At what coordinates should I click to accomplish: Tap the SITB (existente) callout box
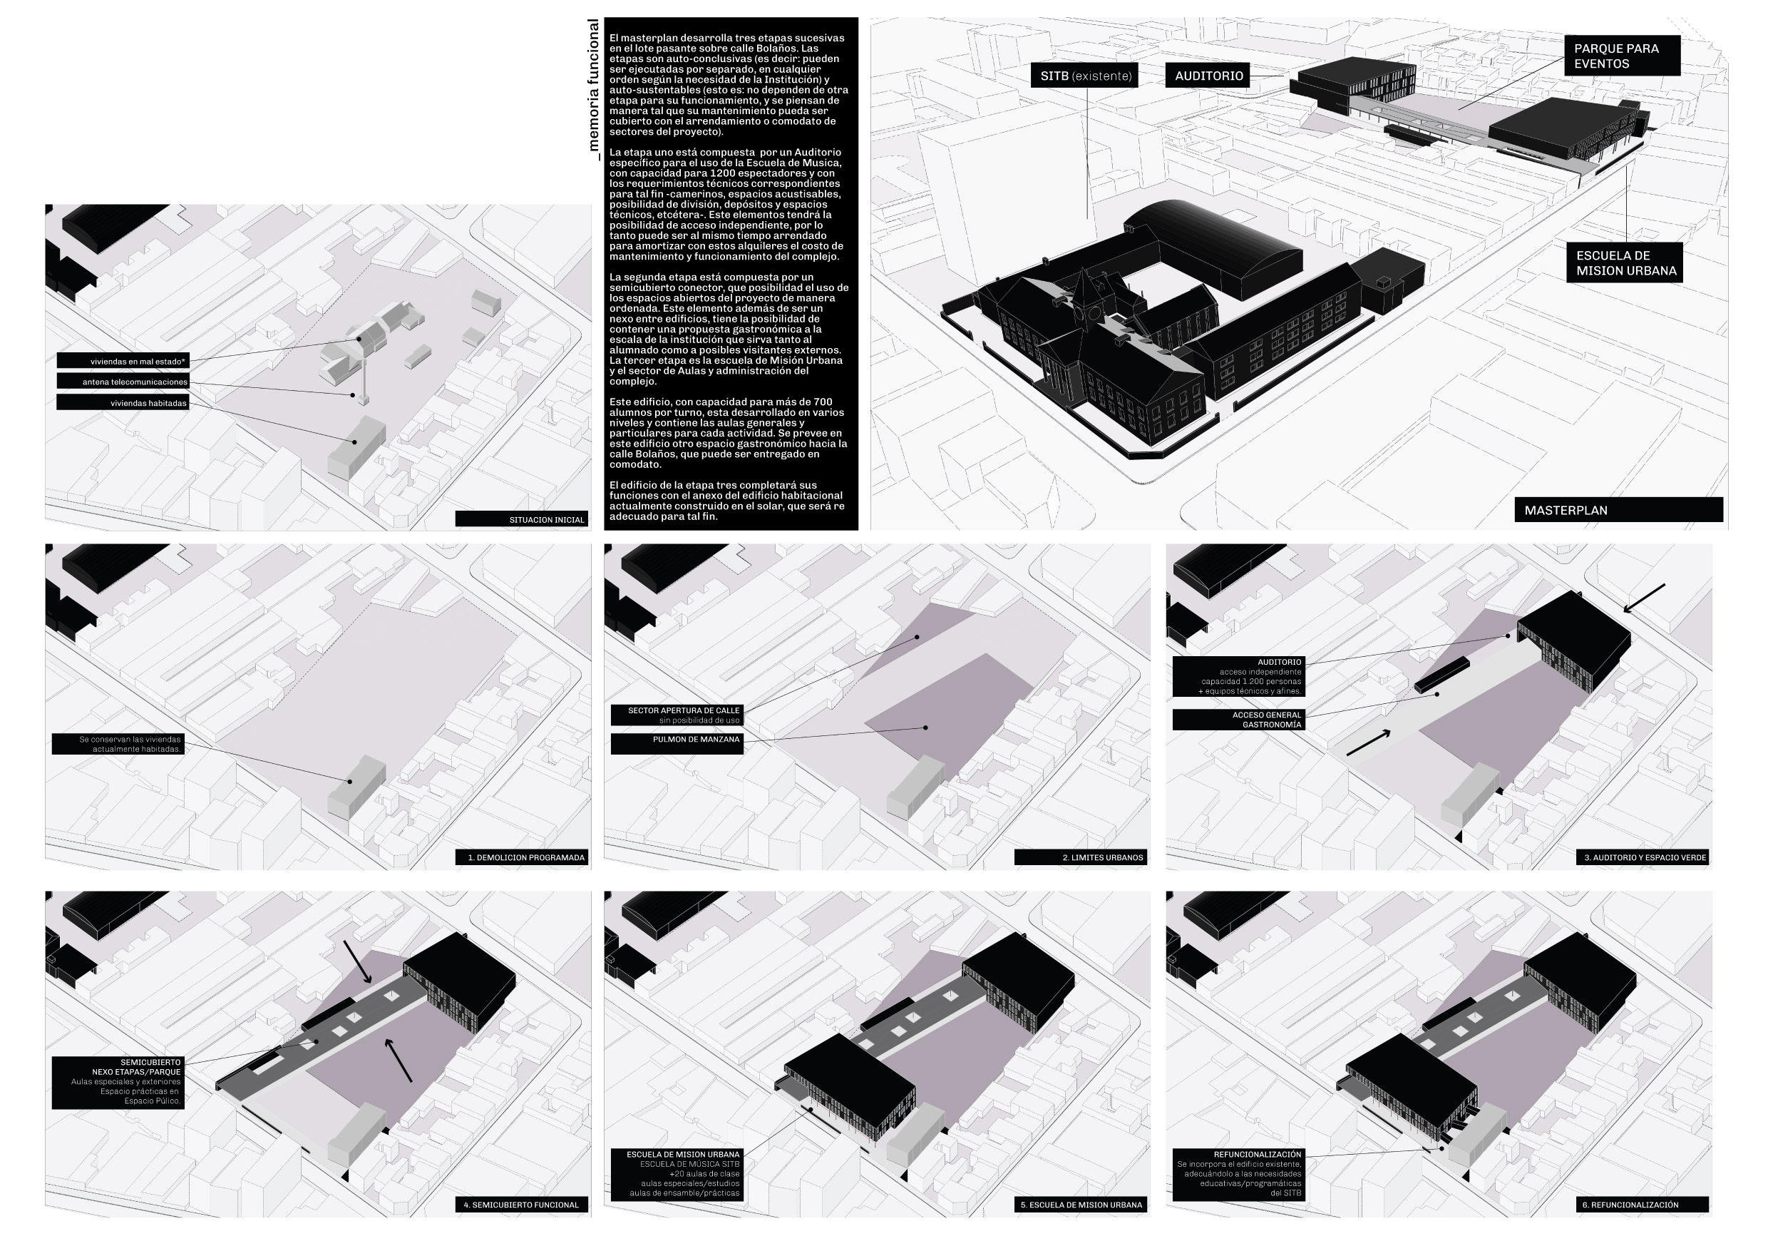click(1084, 76)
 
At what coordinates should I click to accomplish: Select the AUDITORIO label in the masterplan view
click(1208, 76)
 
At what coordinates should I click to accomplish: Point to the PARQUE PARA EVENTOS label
click(1622, 56)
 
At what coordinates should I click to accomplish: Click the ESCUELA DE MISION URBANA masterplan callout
click(1624, 262)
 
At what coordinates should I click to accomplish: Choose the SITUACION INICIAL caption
click(521, 519)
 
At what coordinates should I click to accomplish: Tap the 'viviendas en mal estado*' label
click(123, 360)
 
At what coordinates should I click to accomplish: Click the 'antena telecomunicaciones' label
click(123, 382)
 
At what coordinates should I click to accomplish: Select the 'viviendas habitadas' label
click(123, 402)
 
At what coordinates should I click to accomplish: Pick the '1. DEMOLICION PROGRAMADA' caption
click(523, 857)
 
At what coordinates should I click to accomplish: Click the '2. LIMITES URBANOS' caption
click(1080, 857)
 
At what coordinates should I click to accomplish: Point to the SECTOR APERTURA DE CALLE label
click(678, 715)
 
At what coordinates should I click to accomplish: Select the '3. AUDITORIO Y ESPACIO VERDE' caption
click(1643, 857)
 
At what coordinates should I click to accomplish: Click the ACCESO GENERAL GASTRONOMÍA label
click(1238, 720)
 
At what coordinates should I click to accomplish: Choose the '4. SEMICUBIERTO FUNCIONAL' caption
click(521, 1204)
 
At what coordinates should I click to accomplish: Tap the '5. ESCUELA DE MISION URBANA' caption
click(1080, 1204)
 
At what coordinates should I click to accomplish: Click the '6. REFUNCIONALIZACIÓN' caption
click(1643, 1204)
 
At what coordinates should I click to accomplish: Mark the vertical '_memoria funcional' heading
click(594, 89)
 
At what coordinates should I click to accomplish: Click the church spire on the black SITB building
click(1086, 289)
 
